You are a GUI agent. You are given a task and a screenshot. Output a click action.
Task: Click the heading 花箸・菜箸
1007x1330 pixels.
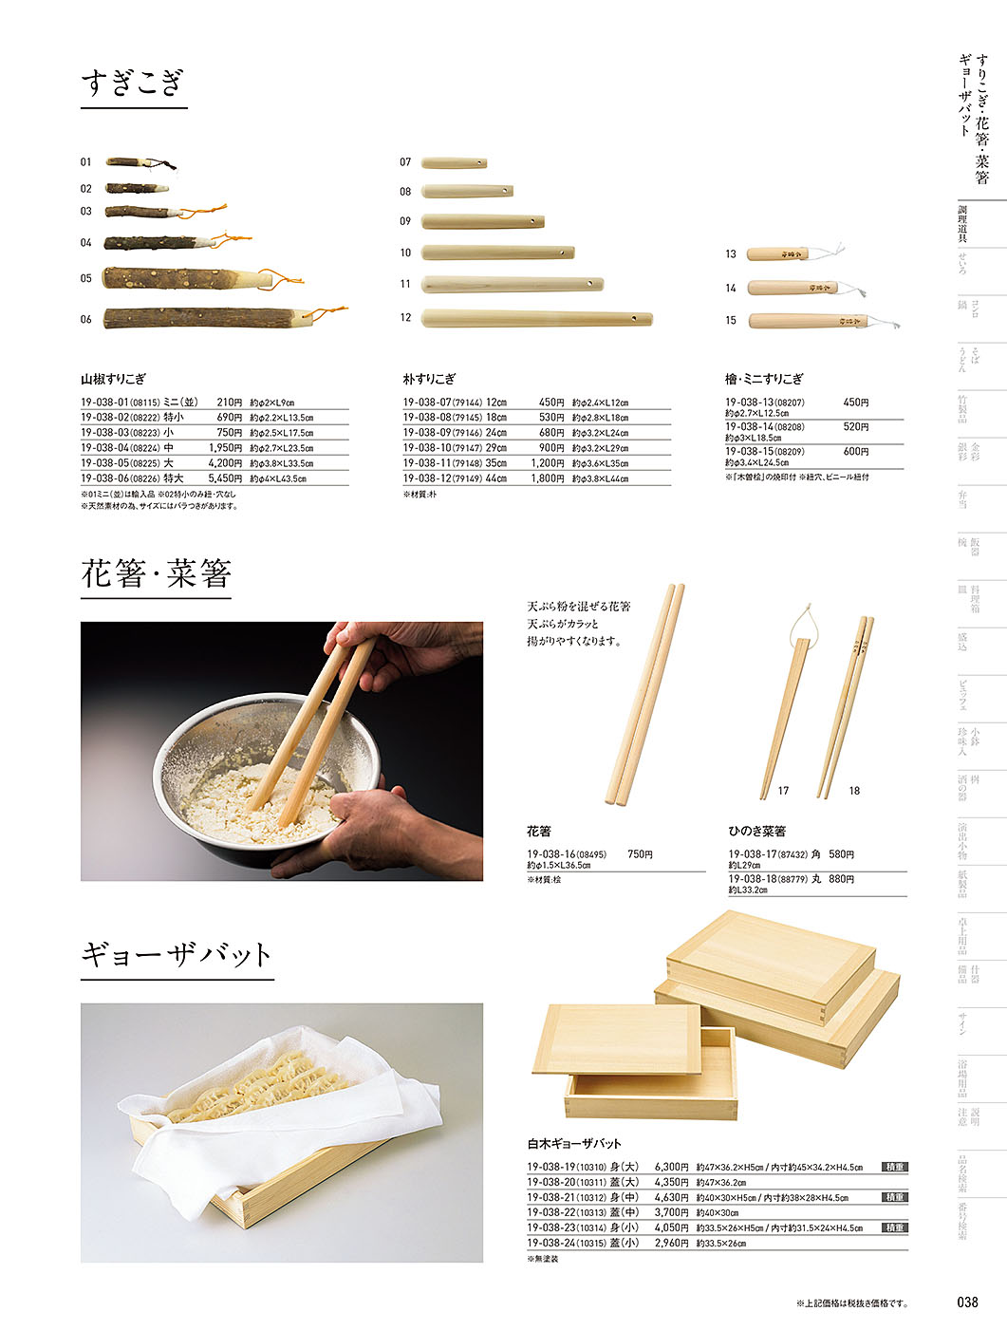click(156, 573)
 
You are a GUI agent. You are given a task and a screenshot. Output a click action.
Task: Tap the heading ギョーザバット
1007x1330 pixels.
click(177, 954)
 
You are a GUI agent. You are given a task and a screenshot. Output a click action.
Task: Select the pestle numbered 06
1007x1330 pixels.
click(204, 318)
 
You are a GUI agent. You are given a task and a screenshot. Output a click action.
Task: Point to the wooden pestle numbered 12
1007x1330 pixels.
click(536, 317)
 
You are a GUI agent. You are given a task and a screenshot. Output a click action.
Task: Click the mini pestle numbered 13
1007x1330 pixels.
click(778, 254)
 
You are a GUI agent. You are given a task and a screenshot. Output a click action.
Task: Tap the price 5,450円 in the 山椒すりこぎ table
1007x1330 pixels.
click(225, 478)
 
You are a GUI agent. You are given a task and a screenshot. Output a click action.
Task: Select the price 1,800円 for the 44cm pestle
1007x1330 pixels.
click(547, 478)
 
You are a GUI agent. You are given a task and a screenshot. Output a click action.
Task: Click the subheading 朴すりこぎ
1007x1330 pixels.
click(429, 379)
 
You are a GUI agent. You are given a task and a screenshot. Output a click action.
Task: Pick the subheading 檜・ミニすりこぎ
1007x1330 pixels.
click(764, 379)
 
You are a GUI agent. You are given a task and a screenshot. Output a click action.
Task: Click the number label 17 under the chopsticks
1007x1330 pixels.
click(783, 791)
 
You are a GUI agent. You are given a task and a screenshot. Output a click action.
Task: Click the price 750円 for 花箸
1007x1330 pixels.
click(640, 854)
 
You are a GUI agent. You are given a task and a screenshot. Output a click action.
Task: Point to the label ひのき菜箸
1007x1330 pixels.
click(756, 831)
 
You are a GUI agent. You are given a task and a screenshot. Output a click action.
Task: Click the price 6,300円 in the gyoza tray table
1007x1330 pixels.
click(671, 1167)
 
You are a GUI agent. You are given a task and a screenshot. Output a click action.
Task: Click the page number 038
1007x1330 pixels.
click(967, 1302)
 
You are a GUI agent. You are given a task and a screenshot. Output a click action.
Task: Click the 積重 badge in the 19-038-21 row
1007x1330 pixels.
click(894, 1197)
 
